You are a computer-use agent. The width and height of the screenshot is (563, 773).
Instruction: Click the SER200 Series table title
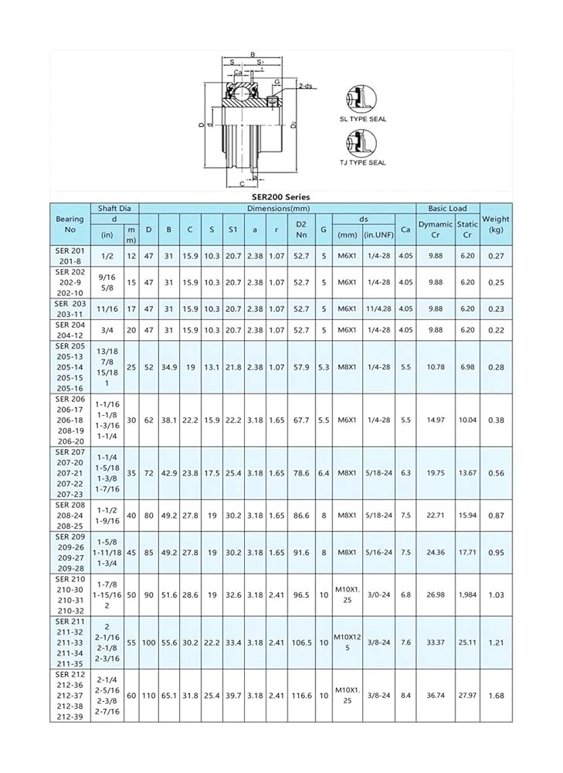point(280,197)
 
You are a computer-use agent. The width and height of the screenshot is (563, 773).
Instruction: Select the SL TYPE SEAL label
point(363,119)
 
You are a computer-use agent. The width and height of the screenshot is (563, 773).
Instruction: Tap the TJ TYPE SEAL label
point(363,162)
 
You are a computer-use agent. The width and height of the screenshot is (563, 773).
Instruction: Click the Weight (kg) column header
point(495,224)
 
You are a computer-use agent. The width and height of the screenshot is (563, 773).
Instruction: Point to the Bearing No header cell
point(70,224)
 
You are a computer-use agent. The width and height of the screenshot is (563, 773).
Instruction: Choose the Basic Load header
point(448,208)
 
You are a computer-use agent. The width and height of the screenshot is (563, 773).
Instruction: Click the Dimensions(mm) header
point(278,208)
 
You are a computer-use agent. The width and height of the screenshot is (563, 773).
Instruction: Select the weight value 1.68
point(495,695)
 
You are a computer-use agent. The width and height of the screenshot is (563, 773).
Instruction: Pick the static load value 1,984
point(467,594)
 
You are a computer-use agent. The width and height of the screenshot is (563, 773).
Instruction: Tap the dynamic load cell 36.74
point(436,695)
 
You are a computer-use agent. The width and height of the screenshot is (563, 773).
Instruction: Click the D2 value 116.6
point(302,695)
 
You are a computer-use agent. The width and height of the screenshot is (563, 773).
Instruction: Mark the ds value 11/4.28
point(378,308)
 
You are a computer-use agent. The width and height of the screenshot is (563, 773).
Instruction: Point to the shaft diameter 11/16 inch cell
point(107,308)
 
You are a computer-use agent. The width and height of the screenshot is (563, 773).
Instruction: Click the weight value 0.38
point(495,420)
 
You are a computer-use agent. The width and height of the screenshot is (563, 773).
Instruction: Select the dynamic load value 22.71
point(436,515)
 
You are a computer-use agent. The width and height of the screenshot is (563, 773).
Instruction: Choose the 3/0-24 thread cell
point(378,594)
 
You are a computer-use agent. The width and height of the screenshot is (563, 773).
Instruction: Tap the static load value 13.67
point(467,472)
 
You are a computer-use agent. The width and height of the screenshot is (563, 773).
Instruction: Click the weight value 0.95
point(495,552)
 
